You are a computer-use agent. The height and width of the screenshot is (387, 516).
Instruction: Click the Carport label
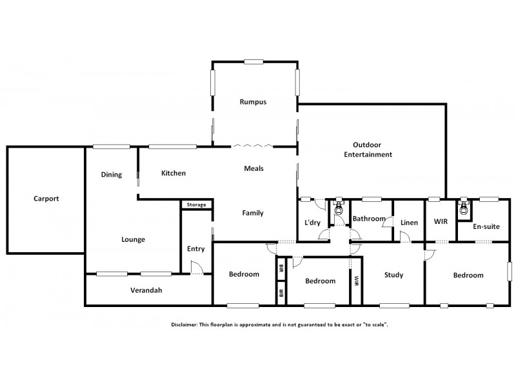[x=46, y=199]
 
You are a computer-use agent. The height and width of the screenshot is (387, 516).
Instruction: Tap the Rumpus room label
[x=253, y=102]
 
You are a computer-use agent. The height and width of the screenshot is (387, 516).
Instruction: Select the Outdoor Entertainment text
[x=368, y=150]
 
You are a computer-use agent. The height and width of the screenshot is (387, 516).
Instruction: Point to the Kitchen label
[x=174, y=173]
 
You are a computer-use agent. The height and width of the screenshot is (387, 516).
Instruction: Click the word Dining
[x=112, y=174]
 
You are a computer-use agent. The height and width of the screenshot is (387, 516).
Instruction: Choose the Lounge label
[x=133, y=239]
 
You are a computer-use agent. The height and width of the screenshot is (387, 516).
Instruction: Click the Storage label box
[x=196, y=205]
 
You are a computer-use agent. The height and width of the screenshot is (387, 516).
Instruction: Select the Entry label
[x=195, y=249]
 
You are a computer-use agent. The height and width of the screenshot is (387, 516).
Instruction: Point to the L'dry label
[x=312, y=223]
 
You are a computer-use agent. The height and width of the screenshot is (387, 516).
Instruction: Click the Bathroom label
[x=369, y=219]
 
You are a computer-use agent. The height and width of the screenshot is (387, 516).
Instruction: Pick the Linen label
[x=409, y=223]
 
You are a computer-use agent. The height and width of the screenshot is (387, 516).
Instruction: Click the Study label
[x=393, y=275]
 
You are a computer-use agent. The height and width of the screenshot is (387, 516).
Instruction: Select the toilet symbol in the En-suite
[x=462, y=208]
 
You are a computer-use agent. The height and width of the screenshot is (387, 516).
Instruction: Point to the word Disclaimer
[x=186, y=324]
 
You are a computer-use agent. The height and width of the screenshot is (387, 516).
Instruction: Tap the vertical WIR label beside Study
[x=356, y=281]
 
